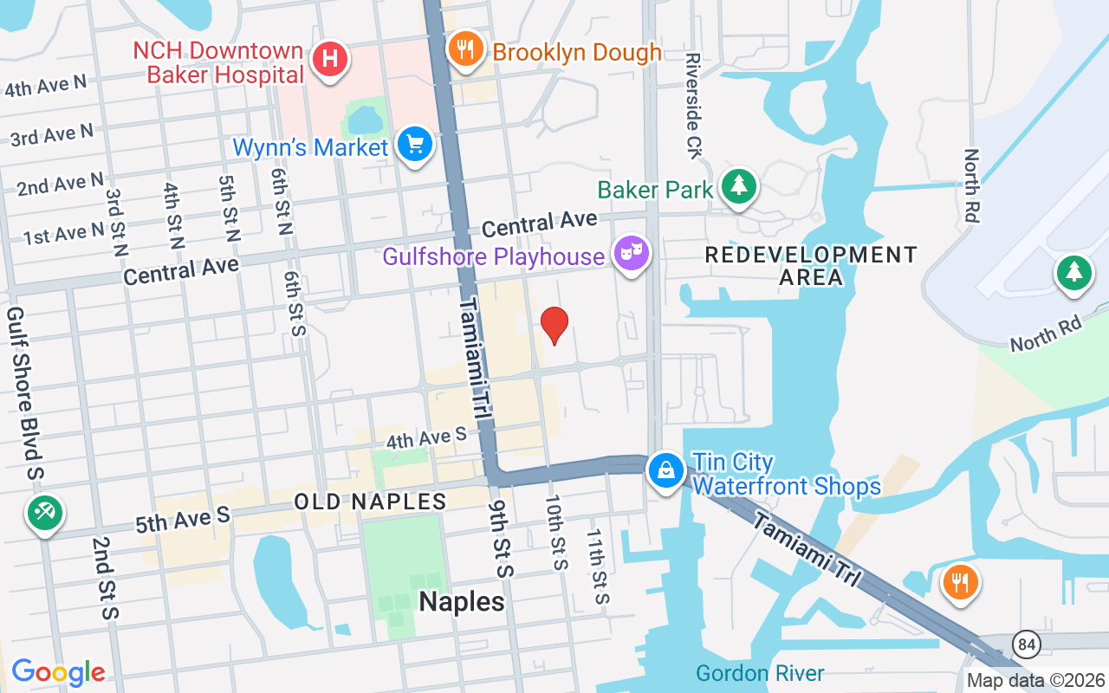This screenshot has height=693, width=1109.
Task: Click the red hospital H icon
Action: pos(329,60)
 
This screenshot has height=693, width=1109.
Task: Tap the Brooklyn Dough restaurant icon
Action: pos(466,49)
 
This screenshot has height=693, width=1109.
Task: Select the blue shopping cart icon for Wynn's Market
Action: pos(415,144)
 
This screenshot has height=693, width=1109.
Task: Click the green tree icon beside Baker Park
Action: pos(738,185)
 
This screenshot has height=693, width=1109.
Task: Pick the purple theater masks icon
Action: pos(632,253)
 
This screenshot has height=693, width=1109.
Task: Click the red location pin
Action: pos(554,326)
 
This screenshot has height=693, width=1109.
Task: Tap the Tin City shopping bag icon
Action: pos(665,470)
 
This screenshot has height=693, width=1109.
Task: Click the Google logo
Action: pos(58,672)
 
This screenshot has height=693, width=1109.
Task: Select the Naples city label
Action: pos(462,602)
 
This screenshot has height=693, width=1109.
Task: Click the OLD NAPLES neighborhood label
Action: pos(370,502)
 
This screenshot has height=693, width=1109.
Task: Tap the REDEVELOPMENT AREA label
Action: pos(810,266)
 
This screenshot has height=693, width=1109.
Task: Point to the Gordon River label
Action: pos(760,673)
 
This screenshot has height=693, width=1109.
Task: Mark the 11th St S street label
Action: pos(598,567)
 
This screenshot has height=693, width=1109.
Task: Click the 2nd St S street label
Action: pos(106,578)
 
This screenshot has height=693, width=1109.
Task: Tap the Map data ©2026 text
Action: pos(1036,680)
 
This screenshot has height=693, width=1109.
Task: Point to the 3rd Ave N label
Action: pos(51,135)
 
